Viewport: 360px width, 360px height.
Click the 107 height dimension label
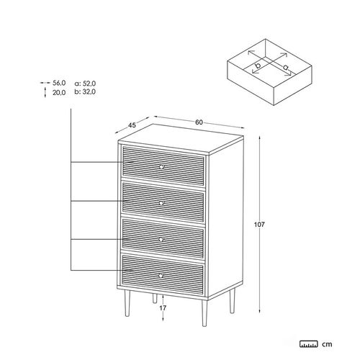(x=259, y=225)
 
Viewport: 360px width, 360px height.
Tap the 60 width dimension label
(x=199, y=122)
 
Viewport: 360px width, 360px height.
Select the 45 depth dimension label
(x=132, y=125)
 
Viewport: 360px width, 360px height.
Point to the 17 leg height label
(x=163, y=308)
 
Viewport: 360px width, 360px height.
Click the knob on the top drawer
(x=161, y=166)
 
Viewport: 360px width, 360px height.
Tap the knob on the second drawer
(x=161, y=203)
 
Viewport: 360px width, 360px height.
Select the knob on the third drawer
(x=161, y=239)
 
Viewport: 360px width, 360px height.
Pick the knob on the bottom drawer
(x=161, y=276)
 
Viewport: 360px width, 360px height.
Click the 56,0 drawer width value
(x=59, y=83)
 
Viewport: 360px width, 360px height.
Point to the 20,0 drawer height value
(x=59, y=93)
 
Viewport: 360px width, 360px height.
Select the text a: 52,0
(x=85, y=84)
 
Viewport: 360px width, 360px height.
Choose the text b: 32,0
(x=85, y=91)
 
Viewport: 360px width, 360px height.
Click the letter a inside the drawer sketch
(x=285, y=67)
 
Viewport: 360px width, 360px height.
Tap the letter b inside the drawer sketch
(x=258, y=65)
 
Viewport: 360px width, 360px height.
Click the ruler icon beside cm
(x=309, y=344)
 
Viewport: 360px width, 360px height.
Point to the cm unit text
(x=327, y=344)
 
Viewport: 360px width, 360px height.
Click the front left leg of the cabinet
(x=127, y=303)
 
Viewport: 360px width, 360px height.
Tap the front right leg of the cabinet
(x=204, y=313)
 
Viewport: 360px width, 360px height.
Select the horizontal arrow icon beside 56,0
(x=45, y=83)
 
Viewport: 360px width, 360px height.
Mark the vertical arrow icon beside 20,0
(x=45, y=93)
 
